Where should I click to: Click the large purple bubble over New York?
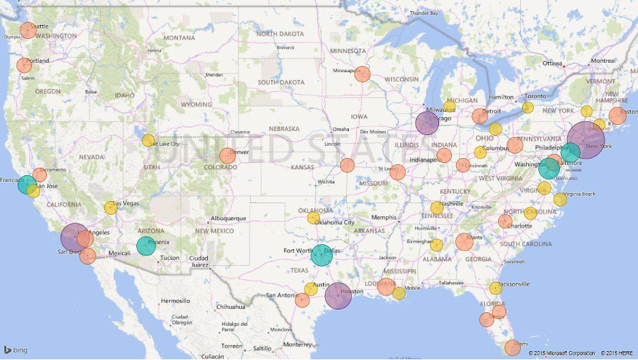coord(585,140)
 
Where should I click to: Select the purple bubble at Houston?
coord(338,296)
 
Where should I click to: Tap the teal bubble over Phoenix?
coord(146,245)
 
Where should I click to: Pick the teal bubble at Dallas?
coord(321,254)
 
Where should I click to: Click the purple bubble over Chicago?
coord(427,123)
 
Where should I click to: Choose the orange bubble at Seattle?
coord(28,30)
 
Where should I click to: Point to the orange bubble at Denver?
coord(228,155)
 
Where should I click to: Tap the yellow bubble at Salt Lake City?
coord(148,140)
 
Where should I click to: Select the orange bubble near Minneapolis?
coord(363,74)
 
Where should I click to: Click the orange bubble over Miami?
coord(512,347)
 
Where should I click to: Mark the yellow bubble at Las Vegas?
coord(110,208)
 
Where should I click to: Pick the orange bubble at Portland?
coord(24,65)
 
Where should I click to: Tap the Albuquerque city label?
coord(228,218)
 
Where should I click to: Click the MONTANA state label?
coord(179,37)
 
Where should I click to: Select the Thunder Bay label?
coord(423,13)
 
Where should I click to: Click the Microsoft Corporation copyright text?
coord(562,353)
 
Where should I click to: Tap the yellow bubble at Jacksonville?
coord(496,288)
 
